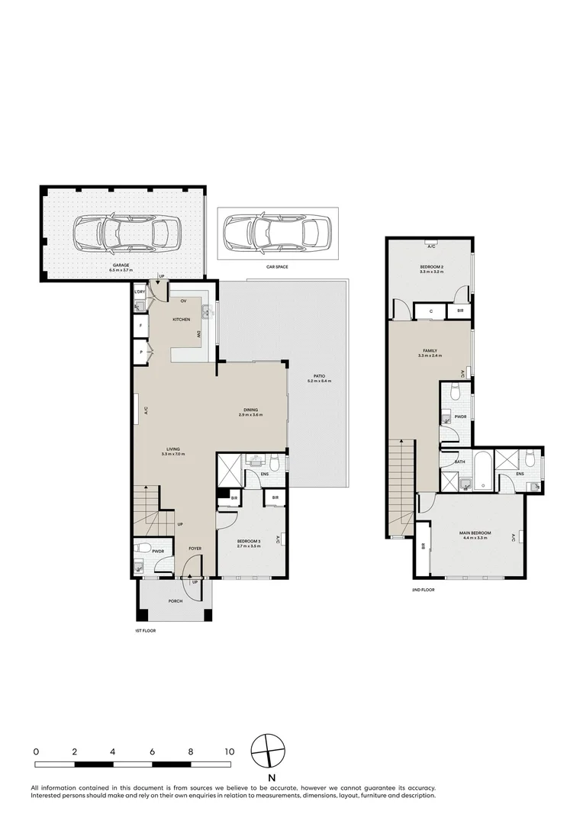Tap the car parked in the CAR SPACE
271,230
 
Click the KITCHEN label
181,319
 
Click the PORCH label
175,600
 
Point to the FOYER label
195,548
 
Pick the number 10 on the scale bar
229,752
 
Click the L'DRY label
140,292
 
